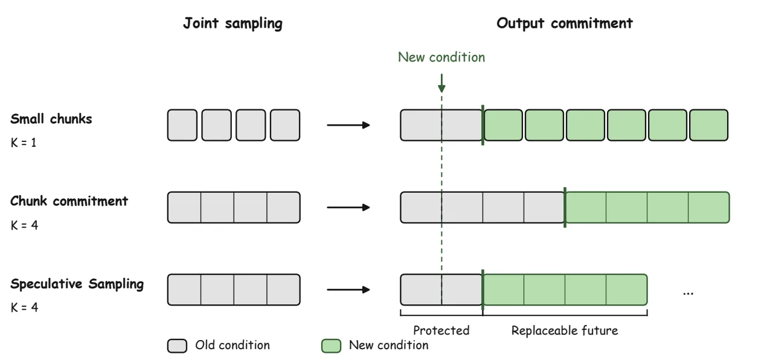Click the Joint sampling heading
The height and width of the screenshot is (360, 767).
click(233, 24)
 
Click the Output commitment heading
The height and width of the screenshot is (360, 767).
click(564, 24)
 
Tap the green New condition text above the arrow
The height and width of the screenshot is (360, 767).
click(441, 57)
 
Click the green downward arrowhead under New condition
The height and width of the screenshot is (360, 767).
click(441, 88)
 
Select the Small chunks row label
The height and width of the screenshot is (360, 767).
click(51, 119)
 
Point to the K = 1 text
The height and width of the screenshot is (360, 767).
click(24, 143)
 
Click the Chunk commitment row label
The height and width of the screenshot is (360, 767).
click(69, 201)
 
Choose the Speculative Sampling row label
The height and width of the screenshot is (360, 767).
click(77, 284)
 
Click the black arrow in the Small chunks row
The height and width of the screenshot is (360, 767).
click(348, 125)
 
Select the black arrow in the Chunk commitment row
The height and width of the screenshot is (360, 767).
click(348, 207)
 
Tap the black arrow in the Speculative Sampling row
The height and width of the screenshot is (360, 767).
click(348, 290)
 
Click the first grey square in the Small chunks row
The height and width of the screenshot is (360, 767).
click(182, 125)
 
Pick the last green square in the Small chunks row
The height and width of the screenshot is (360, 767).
click(708, 125)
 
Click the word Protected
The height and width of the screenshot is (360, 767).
click(441, 330)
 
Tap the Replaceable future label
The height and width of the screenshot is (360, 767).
click(565, 330)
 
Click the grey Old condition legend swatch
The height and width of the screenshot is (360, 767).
click(177, 346)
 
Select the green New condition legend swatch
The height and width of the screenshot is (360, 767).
click(331, 346)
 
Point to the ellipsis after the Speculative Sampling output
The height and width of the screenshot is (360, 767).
click(688, 294)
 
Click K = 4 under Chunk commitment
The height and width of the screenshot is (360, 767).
click(24, 225)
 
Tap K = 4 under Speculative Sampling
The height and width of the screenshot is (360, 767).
click(24, 307)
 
